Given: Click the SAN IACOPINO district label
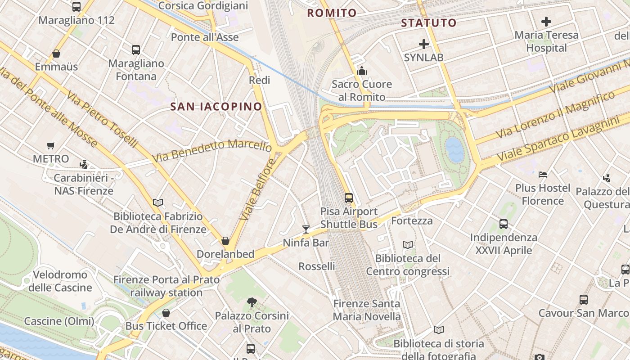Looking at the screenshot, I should pos(216,107).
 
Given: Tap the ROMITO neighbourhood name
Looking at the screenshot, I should pos(332,13).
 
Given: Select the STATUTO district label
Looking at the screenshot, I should pos(428,22).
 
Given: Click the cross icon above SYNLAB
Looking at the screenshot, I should pos(423,44).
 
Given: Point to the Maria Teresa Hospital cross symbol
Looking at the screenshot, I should pos(546,21).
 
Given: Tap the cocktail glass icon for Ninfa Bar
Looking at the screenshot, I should pos(306,229).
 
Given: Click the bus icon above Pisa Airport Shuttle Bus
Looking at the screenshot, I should pos(349,198).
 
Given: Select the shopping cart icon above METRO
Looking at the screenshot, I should pos(51,145).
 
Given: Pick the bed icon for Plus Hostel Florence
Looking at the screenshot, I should pos(543,175).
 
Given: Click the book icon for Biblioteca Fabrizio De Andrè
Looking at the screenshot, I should pos(158,202).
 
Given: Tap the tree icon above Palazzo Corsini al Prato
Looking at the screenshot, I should pos(252,302).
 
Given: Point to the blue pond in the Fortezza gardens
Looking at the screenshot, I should pos(454,150).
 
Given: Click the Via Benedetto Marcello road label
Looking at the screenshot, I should pos(212,150).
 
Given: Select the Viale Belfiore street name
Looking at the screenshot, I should pos(257,189).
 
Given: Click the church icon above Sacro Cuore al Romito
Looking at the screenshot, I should pos(362,71).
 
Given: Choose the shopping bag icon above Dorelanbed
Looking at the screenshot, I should pos(225,241).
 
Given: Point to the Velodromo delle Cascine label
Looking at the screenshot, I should pos(60,281).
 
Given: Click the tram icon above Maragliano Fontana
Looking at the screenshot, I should pos(136,50).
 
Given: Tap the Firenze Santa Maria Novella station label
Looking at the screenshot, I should pos(366,310).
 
